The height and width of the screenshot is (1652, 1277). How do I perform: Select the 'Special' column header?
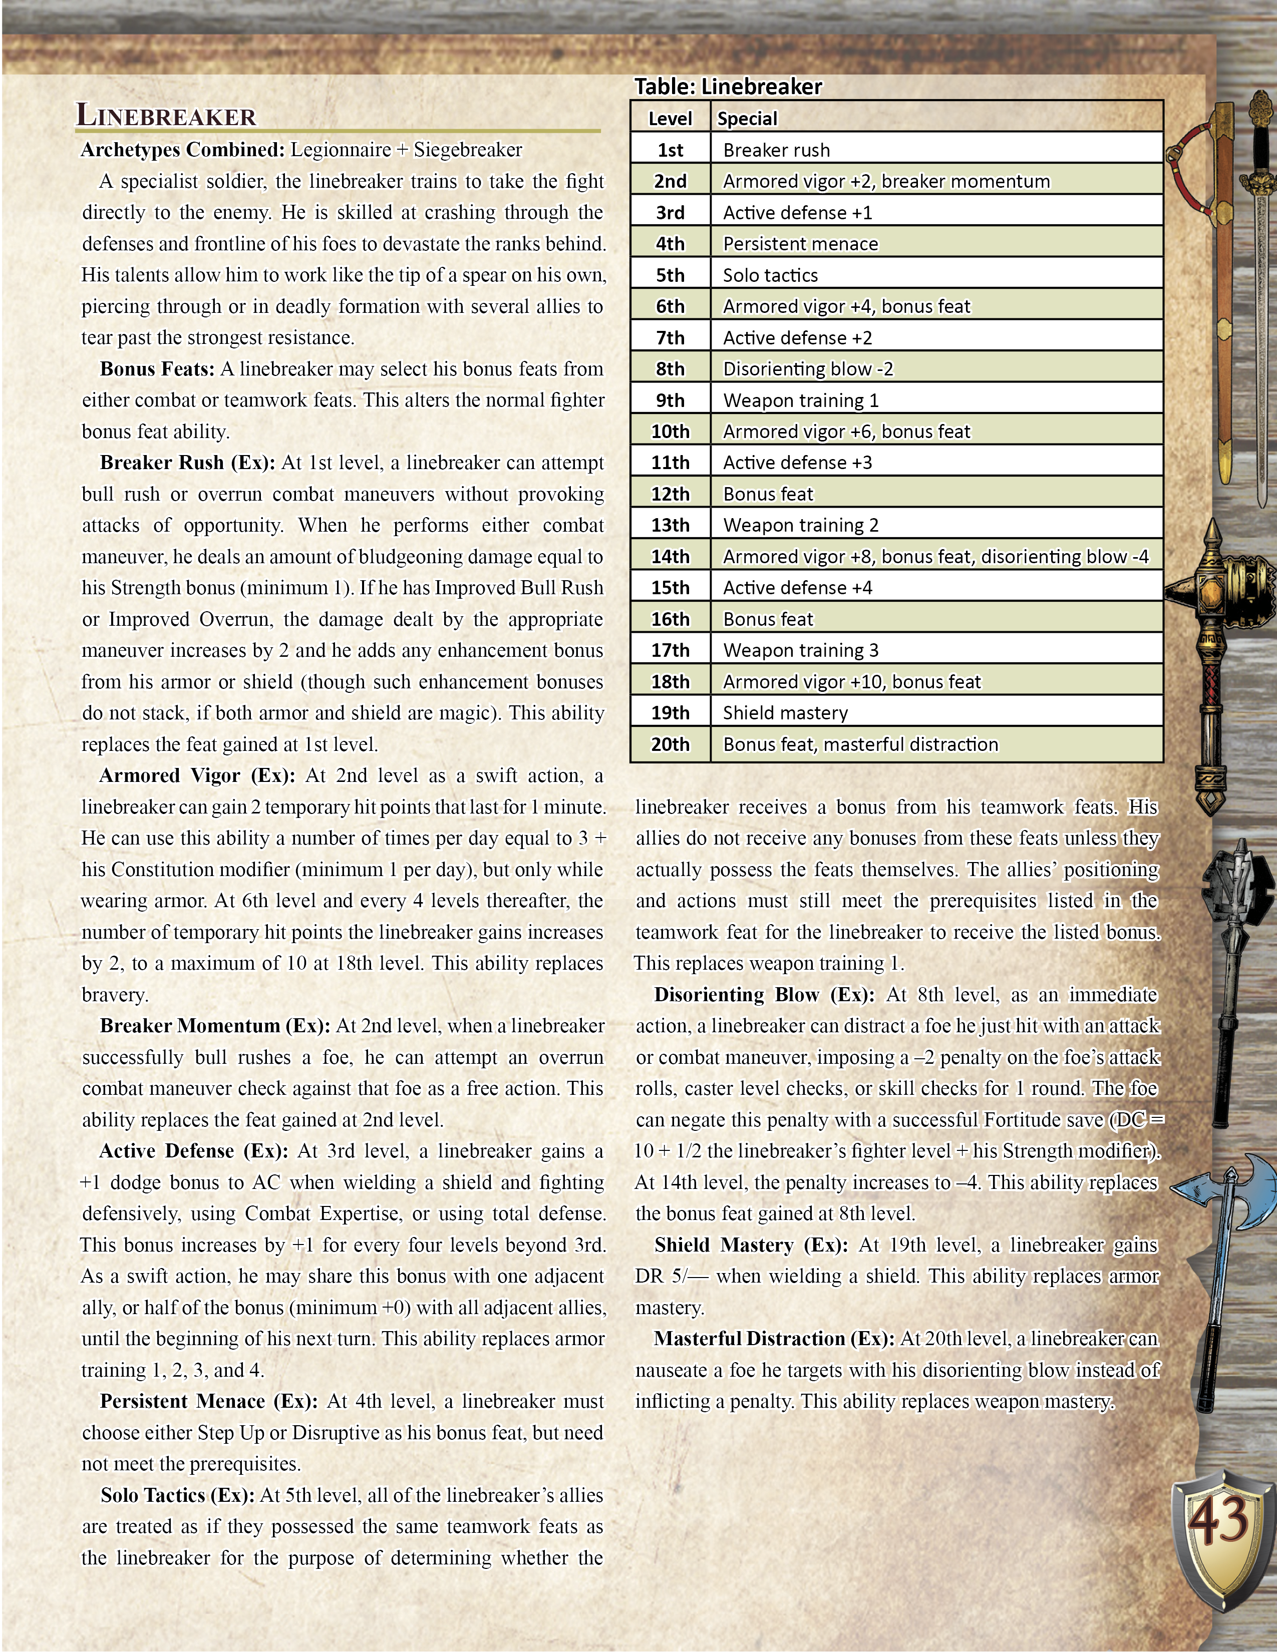point(747,119)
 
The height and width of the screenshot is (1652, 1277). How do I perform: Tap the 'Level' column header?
point(670,119)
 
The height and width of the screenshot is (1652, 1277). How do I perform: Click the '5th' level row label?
point(670,275)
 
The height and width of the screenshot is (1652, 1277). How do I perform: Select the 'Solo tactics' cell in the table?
point(770,275)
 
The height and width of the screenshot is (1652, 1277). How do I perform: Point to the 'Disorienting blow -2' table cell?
point(808,369)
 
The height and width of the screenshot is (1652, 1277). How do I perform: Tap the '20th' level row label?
point(670,744)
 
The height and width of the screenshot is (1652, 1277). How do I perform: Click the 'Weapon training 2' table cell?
point(800,525)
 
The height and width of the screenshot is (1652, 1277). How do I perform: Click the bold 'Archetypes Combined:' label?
point(182,150)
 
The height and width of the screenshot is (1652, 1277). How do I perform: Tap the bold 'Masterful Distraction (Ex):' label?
point(775,1338)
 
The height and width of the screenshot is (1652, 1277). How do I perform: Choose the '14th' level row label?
point(670,557)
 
